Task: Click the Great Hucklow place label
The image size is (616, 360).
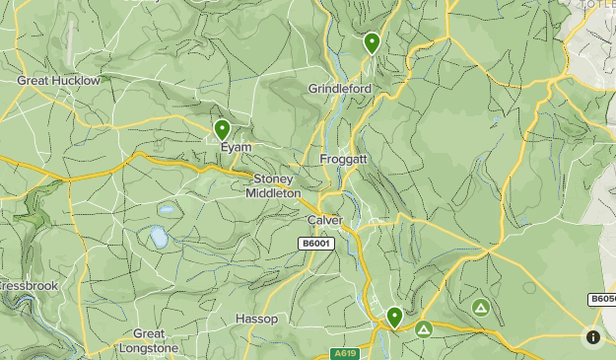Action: [58, 81]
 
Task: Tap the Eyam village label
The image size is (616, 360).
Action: [236, 147]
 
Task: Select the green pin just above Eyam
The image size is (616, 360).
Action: [222, 129]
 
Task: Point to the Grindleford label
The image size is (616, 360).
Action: [339, 88]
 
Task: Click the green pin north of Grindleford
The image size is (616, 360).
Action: [372, 42]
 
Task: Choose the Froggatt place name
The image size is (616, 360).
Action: [345, 159]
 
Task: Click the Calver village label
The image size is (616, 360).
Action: [324, 220]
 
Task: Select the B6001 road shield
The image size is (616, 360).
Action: [317, 243]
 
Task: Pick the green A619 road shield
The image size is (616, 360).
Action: [344, 353]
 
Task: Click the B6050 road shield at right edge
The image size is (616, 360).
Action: [602, 299]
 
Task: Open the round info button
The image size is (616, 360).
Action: [592, 337]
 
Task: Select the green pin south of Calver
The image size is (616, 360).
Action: [394, 317]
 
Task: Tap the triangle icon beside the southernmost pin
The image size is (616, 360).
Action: [424, 328]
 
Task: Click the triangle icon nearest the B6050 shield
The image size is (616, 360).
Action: [480, 308]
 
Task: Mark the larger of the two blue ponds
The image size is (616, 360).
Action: [158, 237]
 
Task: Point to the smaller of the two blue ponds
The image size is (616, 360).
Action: [167, 209]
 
